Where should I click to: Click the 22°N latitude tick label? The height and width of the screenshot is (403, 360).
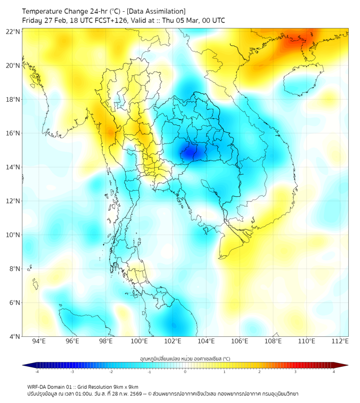(13, 31)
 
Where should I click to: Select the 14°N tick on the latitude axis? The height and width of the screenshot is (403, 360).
(13, 167)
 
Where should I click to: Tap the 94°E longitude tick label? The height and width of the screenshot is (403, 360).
(39, 341)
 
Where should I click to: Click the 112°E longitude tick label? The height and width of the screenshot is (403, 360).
(340, 341)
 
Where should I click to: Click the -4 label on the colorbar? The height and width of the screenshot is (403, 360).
(37, 372)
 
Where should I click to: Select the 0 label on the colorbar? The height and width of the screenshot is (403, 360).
(185, 372)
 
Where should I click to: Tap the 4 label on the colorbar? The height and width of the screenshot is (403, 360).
(333, 372)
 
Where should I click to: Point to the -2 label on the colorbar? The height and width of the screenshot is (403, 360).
(111, 372)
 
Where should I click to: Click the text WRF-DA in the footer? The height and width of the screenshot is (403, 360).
(38, 386)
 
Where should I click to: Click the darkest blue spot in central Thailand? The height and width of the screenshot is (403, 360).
(189, 154)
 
